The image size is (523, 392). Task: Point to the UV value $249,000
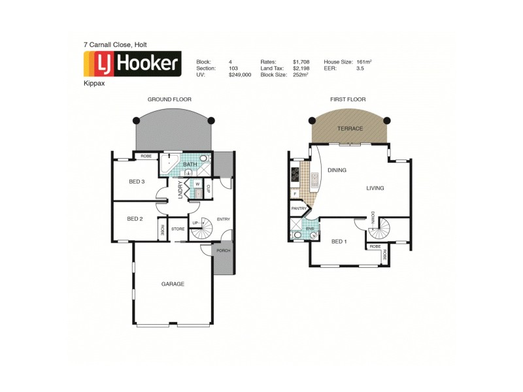pyautogui.click(x=240, y=74)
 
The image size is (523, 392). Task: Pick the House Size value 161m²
pyautogui.click(x=364, y=61)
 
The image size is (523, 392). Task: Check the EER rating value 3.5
pyautogui.click(x=360, y=68)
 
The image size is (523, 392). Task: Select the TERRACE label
pyautogui.click(x=350, y=129)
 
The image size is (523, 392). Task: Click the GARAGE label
pyautogui.click(x=173, y=284)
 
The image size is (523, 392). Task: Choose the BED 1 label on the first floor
pyautogui.click(x=339, y=241)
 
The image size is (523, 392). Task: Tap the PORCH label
pyautogui.click(x=223, y=251)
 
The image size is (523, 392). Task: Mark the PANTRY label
pyautogui.click(x=299, y=208)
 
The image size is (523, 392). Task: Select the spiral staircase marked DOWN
pyautogui.click(x=381, y=229)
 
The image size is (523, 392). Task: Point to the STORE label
pyautogui.click(x=178, y=229)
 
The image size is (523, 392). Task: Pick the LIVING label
pyautogui.click(x=375, y=188)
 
